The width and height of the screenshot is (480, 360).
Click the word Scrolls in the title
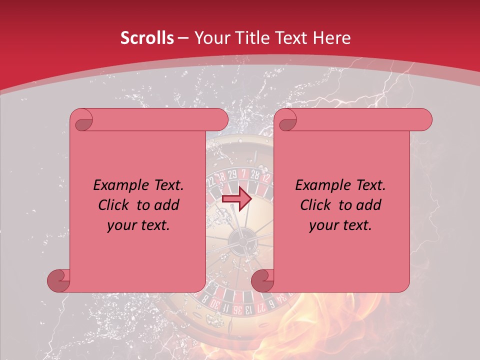(x=147, y=38)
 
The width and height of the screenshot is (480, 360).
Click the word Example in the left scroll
(x=119, y=185)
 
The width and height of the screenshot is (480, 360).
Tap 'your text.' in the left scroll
(x=138, y=225)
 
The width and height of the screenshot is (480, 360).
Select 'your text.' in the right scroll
(x=340, y=225)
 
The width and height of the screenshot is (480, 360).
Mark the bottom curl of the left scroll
(x=58, y=281)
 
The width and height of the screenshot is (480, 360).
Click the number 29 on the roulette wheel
(x=232, y=174)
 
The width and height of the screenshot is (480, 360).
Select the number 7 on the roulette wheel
(x=244, y=173)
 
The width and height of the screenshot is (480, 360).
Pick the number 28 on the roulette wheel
(x=255, y=174)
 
